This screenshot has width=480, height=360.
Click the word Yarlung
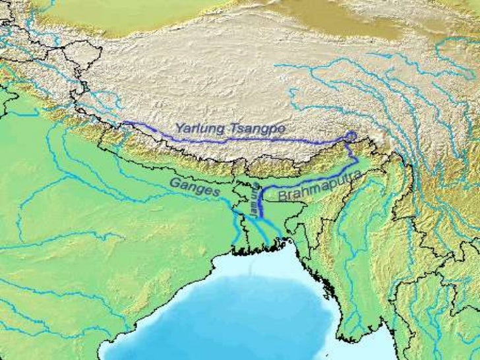[x=196, y=129]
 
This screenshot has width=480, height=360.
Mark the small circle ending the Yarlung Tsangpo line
[x=351, y=136]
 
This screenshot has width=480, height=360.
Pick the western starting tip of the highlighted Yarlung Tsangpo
[x=124, y=122]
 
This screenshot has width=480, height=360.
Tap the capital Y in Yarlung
[x=178, y=128]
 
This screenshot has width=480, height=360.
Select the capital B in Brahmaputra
[x=282, y=196]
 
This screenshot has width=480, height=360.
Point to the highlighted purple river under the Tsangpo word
[x=257, y=140]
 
